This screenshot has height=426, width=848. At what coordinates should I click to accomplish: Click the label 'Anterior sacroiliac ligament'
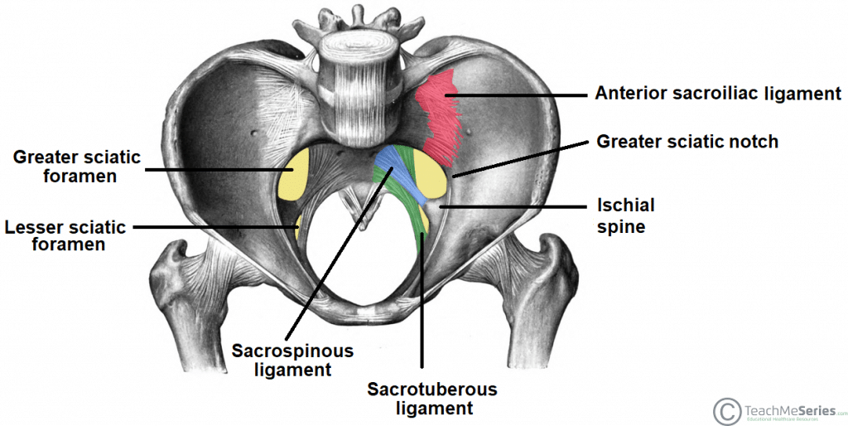(x=717, y=94)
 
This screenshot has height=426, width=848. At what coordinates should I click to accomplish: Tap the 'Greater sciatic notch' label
(x=687, y=142)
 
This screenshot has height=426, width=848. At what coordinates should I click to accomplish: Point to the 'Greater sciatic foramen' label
(x=76, y=167)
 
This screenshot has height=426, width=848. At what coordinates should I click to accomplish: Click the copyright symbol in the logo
(x=726, y=409)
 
